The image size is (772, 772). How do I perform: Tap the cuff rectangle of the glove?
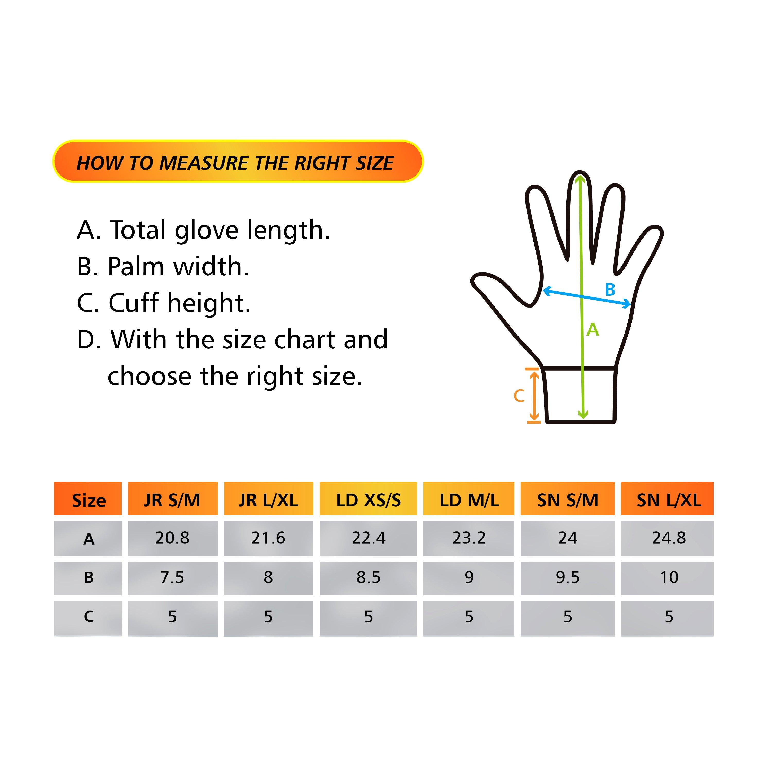580,396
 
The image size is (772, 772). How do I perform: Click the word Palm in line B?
136,267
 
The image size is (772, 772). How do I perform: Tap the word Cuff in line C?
134,303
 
